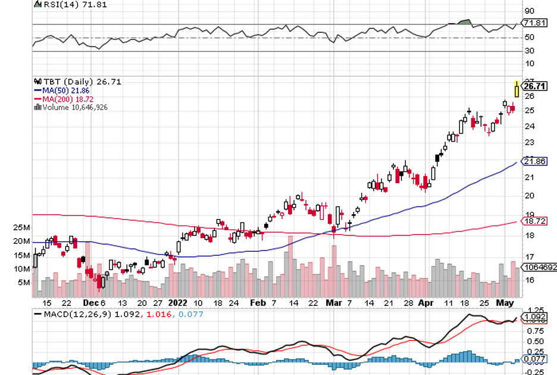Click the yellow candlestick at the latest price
(x=517, y=89)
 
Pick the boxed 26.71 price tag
(x=534, y=86)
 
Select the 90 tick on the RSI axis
(x=528, y=11)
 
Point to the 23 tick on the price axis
(x=528, y=142)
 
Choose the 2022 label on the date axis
(x=177, y=302)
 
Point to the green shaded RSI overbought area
(x=464, y=23)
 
